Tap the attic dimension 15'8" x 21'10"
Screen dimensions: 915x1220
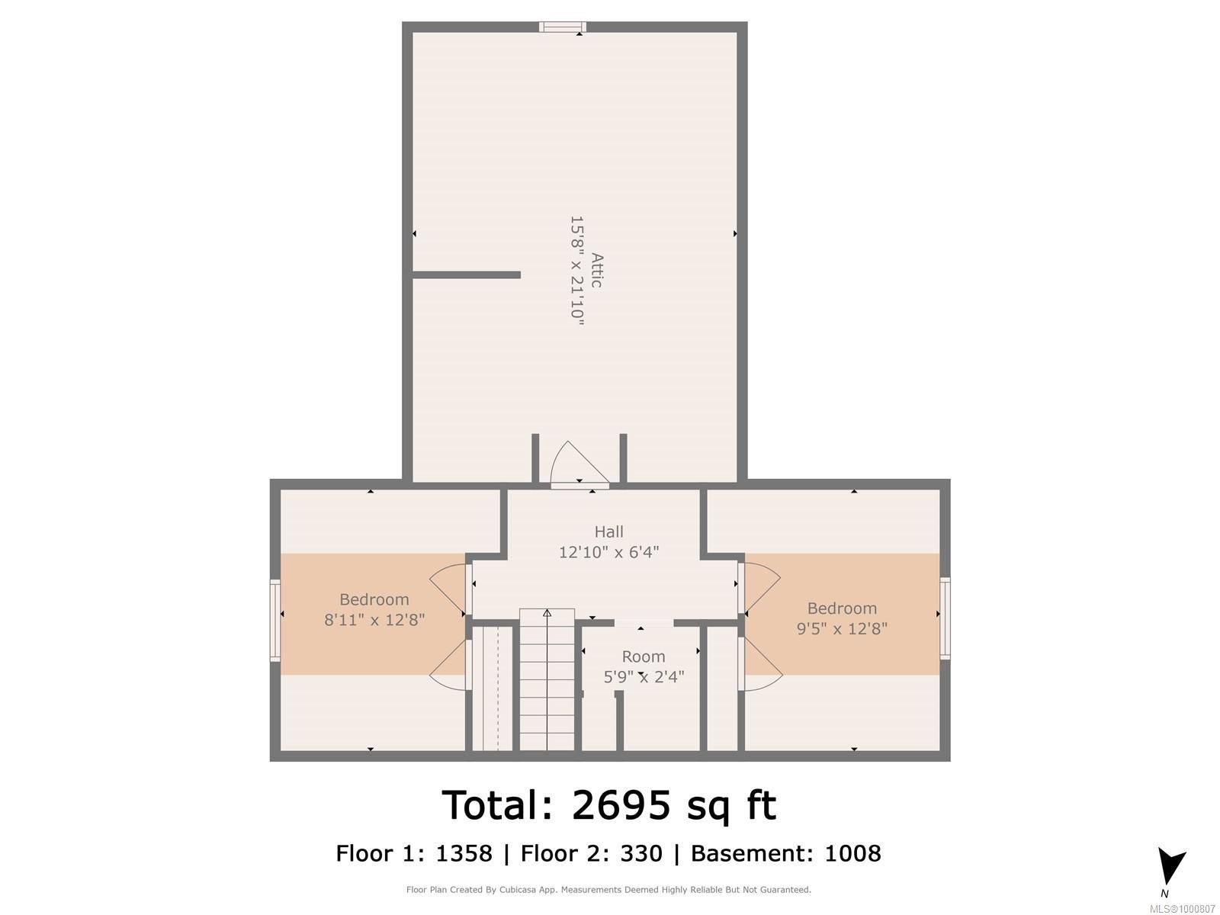(x=577, y=271)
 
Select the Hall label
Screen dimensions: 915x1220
(x=608, y=531)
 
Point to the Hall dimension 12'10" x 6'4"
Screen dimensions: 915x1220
(x=608, y=552)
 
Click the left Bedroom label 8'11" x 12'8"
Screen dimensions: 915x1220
(x=374, y=610)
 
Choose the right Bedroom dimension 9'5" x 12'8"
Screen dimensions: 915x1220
(x=842, y=629)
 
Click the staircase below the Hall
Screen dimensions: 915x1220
(x=547, y=679)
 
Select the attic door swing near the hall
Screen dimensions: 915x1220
(x=576, y=464)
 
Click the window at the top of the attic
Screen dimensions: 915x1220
(x=563, y=27)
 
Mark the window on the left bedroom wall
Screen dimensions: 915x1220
(x=275, y=619)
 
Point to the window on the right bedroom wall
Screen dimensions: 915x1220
(x=945, y=618)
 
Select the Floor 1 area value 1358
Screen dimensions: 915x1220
(x=464, y=853)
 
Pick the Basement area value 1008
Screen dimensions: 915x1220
(x=852, y=853)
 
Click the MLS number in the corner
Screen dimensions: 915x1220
(x=1183, y=909)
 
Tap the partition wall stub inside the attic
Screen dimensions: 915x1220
(x=466, y=274)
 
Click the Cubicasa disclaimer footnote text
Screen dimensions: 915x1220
(x=608, y=890)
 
